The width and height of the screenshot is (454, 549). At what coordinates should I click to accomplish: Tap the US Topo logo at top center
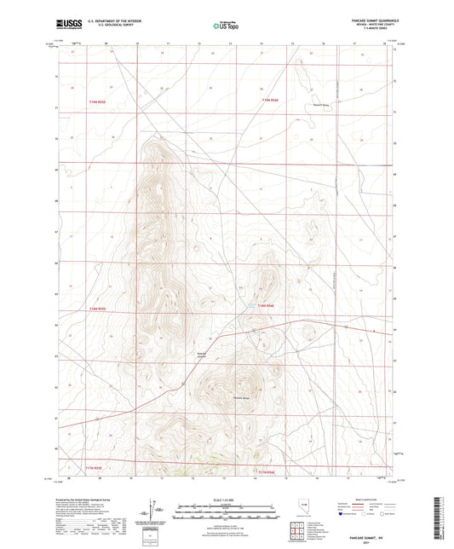point(225,26)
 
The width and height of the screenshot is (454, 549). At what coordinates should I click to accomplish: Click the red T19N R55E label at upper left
point(99,101)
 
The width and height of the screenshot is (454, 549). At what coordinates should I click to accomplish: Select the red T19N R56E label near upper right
point(270,101)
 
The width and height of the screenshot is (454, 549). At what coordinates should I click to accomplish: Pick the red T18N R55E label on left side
point(99,309)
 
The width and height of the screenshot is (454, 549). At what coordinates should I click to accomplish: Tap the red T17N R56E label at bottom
point(266,471)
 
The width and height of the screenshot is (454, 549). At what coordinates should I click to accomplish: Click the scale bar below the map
point(227,510)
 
